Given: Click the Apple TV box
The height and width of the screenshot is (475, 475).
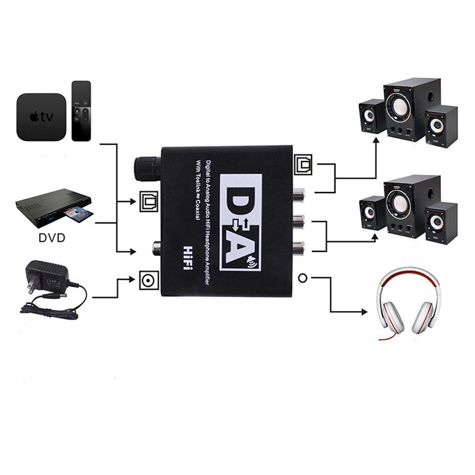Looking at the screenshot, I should tap(41, 117).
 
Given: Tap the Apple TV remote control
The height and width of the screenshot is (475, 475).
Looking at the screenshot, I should tap(82, 110).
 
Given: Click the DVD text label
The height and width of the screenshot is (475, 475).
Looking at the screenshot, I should tap(51, 240).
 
